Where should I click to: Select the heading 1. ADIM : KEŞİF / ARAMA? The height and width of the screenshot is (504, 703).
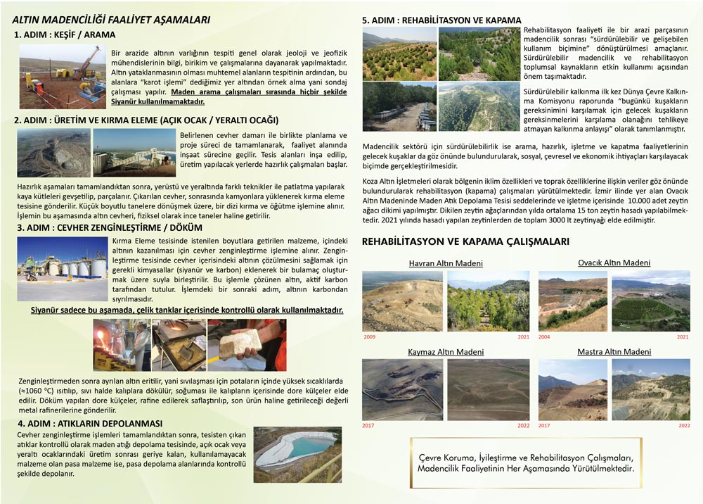click(x=65, y=34)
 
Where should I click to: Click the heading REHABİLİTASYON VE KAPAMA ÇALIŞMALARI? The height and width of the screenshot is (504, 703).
click(x=465, y=241)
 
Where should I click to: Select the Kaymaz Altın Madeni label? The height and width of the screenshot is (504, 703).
click(x=446, y=351)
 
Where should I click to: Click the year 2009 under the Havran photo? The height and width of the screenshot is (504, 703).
click(x=370, y=337)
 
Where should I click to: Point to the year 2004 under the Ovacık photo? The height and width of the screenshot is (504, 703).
click(x=545, y=337)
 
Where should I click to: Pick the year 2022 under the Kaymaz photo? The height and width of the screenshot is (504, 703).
click(x=523, y=425)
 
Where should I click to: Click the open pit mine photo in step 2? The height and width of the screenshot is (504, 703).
click(x=53, y=152)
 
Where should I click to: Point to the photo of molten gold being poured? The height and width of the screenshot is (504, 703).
click(x=121, y=345)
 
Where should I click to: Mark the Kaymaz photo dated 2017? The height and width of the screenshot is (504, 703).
click(x=403, y=389)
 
